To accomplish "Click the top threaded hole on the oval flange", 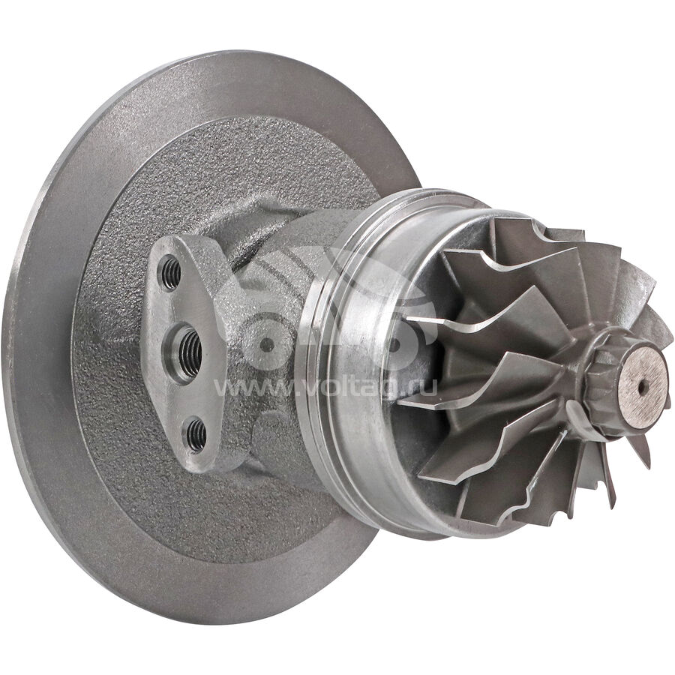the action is pyautogui.click(x=171, y=273).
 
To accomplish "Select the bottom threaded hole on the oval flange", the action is pyautogui.click(x=196, y=435).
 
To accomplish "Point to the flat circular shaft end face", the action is pyautogui.click(x=643, y=382).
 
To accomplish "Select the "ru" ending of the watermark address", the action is pyautogui.click(x=424, y=387).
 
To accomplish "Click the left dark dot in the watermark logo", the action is pyautogui.click(x=267, y=344).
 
